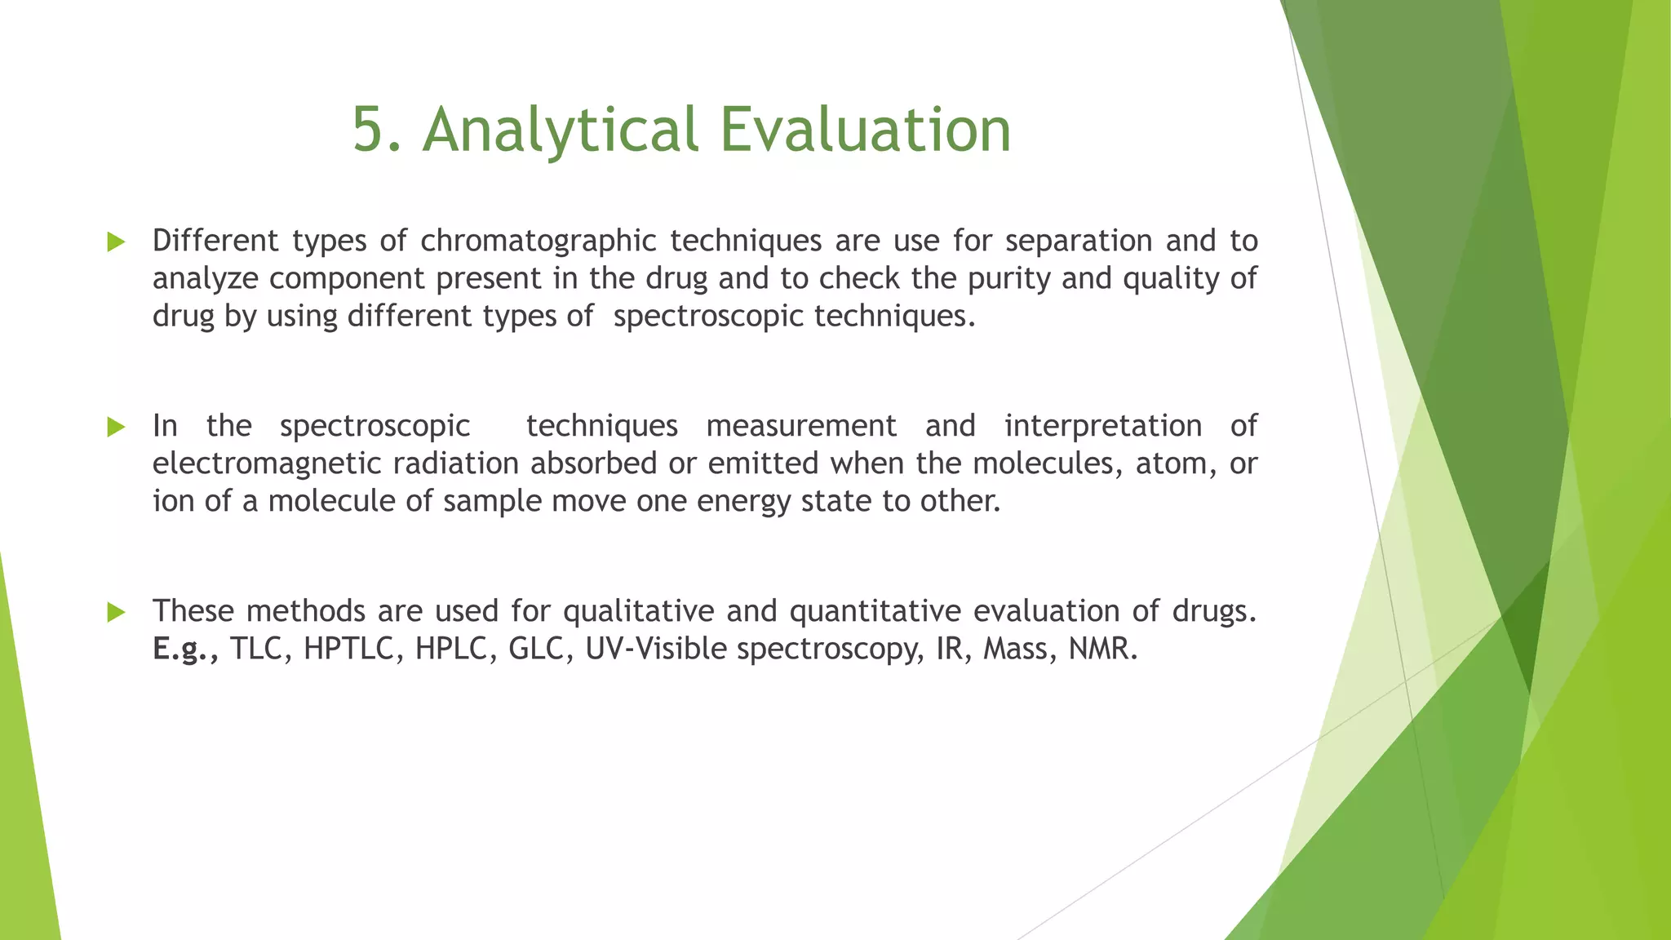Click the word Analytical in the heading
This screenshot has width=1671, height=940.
(x=561, y=129)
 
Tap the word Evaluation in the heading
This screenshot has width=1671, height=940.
(x=865, y=129)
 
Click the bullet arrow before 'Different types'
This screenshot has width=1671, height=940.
(x=116, y=242)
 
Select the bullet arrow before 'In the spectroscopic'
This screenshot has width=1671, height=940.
(x=116, y=427)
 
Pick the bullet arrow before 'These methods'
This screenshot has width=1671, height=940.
(x=116, y=612)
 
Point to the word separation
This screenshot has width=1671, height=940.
(x=1078, y=242)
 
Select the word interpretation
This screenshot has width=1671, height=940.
(x=1102, y=426)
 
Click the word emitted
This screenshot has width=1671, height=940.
(x=764, y=463)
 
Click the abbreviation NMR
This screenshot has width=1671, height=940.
(x=1101, y=649)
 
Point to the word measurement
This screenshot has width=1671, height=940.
(x=801, y=426)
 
